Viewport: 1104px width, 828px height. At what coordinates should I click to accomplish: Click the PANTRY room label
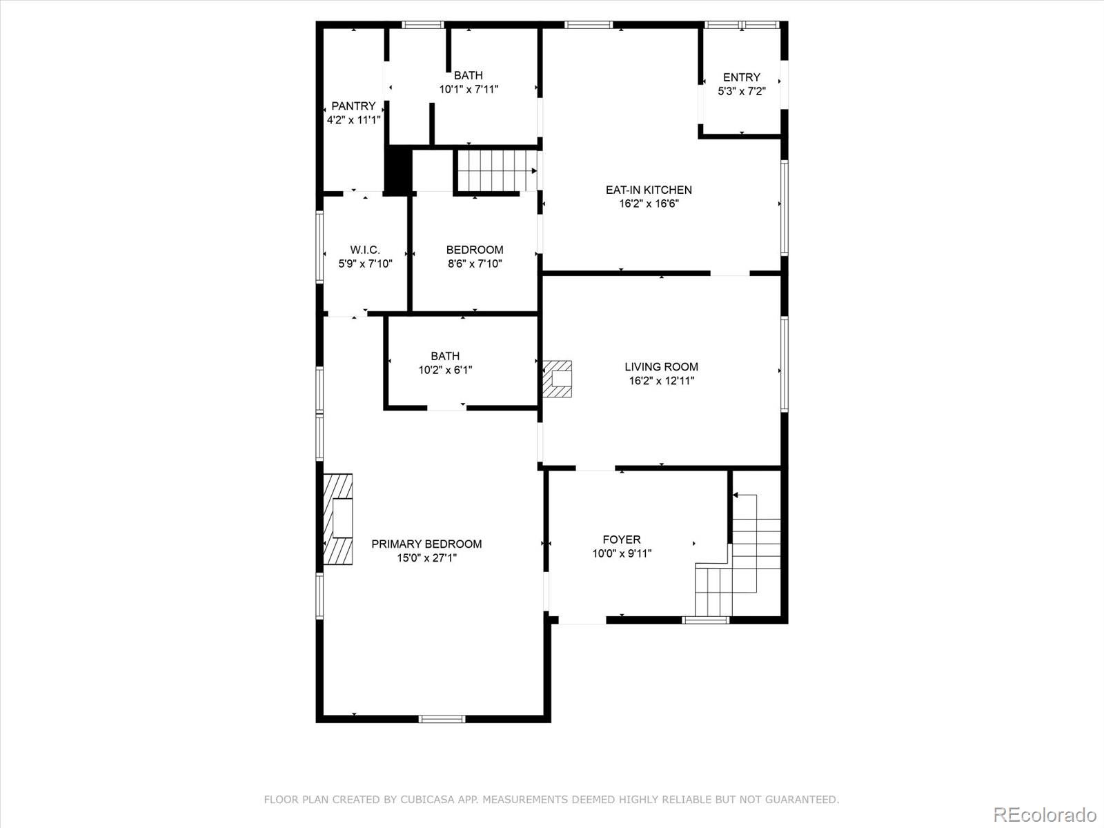tap(353, 106)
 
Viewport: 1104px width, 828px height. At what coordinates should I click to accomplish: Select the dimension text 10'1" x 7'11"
tap(469, 89)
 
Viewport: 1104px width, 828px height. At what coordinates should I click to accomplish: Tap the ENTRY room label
tap(741, 77)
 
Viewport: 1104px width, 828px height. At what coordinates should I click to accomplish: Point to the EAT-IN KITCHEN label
tap(648, 190)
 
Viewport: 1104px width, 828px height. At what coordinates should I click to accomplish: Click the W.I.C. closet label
tap(365, 250)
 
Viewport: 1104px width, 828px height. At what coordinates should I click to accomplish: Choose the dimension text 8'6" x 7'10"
tap(475, 264)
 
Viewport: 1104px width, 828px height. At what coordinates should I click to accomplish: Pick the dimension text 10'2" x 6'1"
tap(445, 370)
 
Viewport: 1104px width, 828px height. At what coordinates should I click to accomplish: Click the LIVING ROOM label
tap(661, 367)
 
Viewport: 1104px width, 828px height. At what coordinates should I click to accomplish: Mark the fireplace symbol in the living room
tap(558, 379)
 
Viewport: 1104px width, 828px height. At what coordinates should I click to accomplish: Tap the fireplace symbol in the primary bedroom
tap(339, 519)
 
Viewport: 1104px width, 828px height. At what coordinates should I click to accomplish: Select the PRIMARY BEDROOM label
tap(426, 544)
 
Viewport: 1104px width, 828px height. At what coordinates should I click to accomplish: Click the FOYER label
tap(621, 540)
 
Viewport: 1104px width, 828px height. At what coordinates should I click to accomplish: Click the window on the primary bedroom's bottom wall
tap(442, 719)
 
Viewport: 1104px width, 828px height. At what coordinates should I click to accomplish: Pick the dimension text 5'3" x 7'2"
tap(741, 91)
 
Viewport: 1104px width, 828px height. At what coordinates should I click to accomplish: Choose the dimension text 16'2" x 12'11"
tap(661, 381)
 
